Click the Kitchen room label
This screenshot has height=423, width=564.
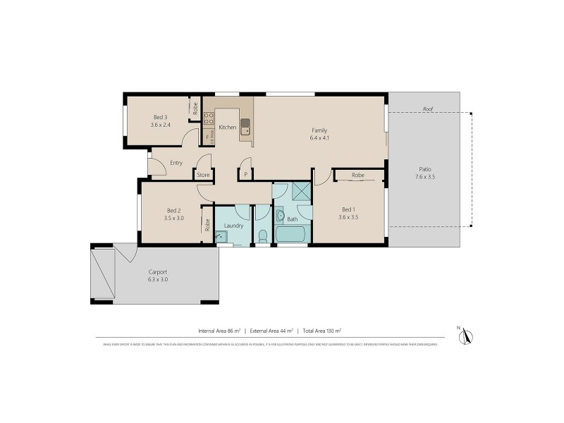point(227,128)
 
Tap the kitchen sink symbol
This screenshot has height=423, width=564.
point(245,127)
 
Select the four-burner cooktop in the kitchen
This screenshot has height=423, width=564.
point(209,119)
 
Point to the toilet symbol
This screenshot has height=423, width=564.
point(262,235)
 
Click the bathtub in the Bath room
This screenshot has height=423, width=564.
point(291,235)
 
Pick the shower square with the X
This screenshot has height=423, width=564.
point(301,192)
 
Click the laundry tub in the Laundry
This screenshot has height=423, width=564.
point(221,238)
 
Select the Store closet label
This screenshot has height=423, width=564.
point(203,175)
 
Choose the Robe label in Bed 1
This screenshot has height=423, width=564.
point(358,175)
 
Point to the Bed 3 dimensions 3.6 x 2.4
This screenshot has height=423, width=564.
point(160,125)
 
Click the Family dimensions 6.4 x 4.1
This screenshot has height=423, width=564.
point(319,138)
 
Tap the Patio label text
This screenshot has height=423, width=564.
point(425,168)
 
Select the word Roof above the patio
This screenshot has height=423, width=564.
point(427,109)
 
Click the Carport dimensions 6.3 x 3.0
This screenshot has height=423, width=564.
point(158,279)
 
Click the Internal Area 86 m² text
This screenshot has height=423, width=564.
point(219,330)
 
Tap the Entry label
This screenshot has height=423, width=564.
point(176,163)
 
